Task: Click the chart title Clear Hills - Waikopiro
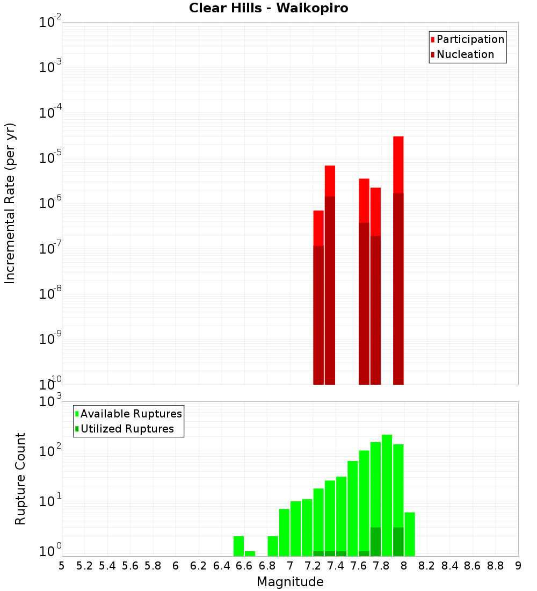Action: coord(268,9)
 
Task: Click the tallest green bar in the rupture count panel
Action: coord(387,494)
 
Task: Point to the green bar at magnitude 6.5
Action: coord(238,546)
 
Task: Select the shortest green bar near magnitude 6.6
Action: coord(250,553)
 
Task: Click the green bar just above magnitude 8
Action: coord(410,534)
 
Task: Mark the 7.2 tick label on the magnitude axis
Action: coord(313,566)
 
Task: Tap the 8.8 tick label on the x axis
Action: coord(495,566)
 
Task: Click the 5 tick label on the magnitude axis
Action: coord(62,566)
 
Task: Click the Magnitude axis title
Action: coord(290,582)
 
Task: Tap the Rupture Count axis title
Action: coord(20,479)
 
